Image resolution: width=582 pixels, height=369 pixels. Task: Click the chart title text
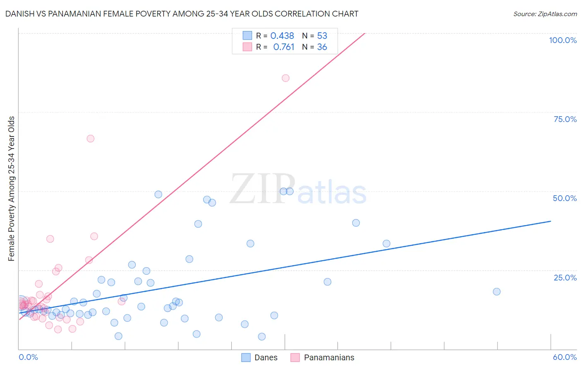click(182, 14)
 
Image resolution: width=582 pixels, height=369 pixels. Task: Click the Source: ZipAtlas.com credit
click(545, 14)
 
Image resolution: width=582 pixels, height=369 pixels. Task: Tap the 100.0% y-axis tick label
click(563, 40)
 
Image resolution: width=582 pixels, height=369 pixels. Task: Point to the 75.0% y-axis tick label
click(565, 119)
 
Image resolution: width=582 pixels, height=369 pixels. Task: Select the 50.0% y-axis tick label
click(565, 198)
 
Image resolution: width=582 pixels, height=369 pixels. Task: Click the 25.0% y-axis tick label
click(565, 277)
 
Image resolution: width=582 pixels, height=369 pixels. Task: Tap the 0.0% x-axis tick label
click(28, 357)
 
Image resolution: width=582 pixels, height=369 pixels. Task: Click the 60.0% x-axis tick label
click(565, 357)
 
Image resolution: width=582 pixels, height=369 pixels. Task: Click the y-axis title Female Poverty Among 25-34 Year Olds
click(12, 189)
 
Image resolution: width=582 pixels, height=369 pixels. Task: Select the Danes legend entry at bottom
click(259, 357)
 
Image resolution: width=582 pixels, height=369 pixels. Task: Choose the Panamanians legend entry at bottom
click(322, 357)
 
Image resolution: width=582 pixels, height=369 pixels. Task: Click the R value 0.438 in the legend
click(282, 36)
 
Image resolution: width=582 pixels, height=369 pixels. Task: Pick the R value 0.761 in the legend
click(284, 47)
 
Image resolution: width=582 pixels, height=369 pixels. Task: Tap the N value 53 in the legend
click(322, 36)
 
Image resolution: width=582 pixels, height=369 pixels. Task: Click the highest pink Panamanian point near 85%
click(285, 78)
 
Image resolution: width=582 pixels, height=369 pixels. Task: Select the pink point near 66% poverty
click(90, 139)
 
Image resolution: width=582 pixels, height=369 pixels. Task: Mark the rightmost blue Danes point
click(497, 292)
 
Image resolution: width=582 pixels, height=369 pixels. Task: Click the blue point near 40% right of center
click(356, 223)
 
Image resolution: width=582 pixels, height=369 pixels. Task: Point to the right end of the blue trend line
click(551, 221)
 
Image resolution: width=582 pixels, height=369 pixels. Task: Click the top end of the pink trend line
click(365, 33)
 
